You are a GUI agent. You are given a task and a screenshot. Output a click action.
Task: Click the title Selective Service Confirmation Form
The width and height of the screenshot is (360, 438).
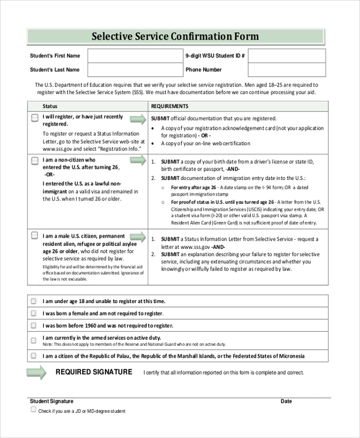tap(175, 37)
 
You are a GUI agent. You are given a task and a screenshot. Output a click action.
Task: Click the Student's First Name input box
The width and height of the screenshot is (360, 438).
tap(135, 56)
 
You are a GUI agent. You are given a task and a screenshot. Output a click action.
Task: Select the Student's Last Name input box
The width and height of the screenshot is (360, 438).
tap(135, 70)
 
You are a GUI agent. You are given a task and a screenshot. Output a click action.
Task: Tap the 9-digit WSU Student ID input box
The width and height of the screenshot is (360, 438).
tap(287, 56)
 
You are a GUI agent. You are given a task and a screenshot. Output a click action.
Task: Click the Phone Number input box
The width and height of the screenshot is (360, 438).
tap(287, 70)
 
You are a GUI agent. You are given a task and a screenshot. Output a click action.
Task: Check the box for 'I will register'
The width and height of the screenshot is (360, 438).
tap(35, 118)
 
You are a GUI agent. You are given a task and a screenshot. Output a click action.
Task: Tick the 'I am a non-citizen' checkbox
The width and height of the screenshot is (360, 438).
tap(35, 161)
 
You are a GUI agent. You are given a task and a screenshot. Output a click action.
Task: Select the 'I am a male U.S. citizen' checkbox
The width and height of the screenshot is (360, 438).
tap(35, 236)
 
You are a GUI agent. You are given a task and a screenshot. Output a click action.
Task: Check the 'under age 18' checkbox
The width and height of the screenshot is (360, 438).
tap(34, 301)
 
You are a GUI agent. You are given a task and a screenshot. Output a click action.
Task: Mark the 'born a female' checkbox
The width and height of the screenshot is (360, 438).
tap(34, 313)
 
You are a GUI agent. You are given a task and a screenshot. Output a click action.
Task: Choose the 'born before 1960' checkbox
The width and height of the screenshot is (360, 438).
tap(34, 325)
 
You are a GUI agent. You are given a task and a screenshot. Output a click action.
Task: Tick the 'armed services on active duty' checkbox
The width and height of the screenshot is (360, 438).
tap(34, 338)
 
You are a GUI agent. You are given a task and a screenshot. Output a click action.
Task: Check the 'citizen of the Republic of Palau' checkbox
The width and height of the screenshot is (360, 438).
tap(34, 356)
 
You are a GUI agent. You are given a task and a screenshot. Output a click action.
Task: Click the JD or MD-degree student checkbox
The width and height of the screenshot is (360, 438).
tap(34, 410)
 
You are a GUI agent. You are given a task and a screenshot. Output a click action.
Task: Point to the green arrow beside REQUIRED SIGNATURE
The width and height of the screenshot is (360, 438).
tap(37, 373)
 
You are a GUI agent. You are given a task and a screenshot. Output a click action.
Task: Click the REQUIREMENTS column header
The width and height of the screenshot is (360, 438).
tap(170, 106)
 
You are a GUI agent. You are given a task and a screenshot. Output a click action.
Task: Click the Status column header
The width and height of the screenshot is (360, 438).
tap(50, 106)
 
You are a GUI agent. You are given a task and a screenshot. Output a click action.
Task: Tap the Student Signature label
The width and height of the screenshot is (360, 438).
tap(52, 401)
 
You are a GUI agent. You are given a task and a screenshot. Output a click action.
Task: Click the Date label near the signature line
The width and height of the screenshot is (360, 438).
tap(286, 401)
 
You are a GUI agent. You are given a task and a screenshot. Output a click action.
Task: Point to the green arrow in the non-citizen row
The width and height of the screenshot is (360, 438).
tap(137, 160)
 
